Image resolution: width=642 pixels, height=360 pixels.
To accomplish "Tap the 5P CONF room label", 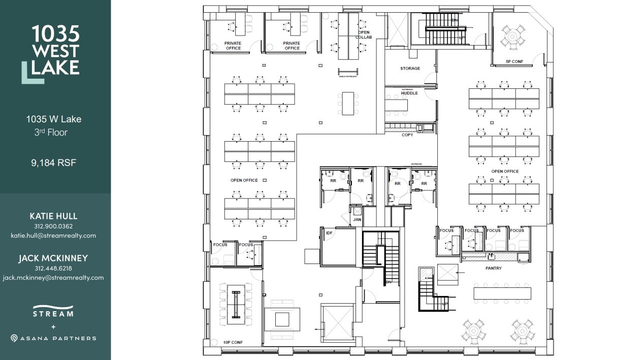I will coord(515,62).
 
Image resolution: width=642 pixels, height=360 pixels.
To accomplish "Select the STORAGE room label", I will coord(410,69).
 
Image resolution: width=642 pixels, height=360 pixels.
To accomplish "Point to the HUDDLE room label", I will coord(409,93).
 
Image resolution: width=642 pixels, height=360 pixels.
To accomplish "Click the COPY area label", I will coord(407,135).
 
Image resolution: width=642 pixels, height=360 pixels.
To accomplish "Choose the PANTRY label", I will coord(494,269).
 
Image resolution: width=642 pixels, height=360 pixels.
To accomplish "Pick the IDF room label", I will coord(329,233).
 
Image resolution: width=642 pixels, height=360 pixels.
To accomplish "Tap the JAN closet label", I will coord(357,219).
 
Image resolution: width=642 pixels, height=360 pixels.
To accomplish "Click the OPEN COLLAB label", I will coord(363,35).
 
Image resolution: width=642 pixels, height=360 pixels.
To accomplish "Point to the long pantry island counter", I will coord(502,293).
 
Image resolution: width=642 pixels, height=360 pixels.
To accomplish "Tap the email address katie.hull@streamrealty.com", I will coord(53,236).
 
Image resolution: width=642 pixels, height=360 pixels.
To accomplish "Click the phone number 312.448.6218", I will coord(53,269).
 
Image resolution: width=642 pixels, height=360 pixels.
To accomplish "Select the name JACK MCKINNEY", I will coord(53,258).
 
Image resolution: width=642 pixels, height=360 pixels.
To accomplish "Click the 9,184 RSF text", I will coord(53,163).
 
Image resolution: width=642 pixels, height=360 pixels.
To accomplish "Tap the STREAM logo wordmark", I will coord(53,313).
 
